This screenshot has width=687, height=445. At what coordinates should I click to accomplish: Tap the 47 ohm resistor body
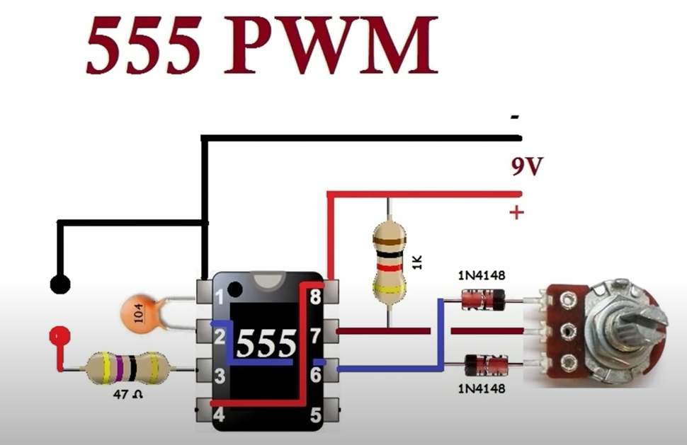(127, 369)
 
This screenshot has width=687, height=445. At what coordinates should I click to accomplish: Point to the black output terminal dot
(60, 285)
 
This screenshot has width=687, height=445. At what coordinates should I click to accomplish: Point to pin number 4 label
(220, 414)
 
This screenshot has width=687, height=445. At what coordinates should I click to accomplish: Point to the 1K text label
(417, 263)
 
